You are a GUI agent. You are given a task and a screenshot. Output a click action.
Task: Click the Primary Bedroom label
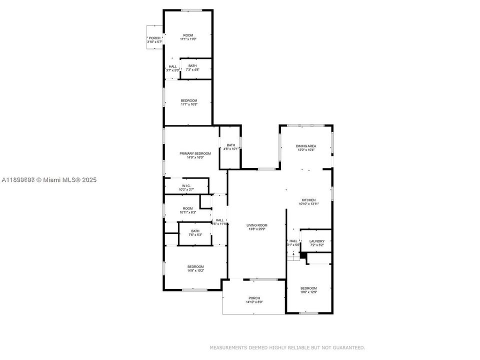(x=195, y=153)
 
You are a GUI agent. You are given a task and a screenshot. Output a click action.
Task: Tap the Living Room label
(x=257, y=225)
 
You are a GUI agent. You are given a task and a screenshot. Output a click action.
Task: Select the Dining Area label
(x=306, y=146)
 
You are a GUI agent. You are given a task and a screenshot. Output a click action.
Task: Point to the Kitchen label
(x=308, y=200)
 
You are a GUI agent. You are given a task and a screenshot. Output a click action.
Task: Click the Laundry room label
(x=316, y=241)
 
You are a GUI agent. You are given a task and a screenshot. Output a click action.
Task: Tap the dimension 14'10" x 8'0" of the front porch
(x=254, y=302)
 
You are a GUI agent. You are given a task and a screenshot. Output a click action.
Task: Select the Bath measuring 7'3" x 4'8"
(x=192, y=67)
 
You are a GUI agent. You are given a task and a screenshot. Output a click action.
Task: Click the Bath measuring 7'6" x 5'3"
(x=195, y=232)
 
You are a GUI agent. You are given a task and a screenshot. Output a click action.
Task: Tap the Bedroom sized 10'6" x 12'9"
(x=308, y=290)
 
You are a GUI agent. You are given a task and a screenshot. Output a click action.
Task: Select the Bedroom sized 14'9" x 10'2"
(x=195, y=268)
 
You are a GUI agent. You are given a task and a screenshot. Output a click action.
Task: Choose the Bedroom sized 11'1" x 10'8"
(x=189, y=102)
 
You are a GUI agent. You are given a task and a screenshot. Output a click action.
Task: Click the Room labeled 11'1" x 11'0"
(x=188, y=37)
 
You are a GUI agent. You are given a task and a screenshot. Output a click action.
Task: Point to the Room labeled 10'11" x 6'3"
(x=187, y=210)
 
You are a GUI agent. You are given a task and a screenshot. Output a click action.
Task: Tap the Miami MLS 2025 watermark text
(x=49, y=179)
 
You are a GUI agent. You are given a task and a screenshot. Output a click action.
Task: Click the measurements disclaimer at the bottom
(x=287, y=347)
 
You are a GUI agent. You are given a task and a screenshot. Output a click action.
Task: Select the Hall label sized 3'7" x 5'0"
(x=173, y=68)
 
